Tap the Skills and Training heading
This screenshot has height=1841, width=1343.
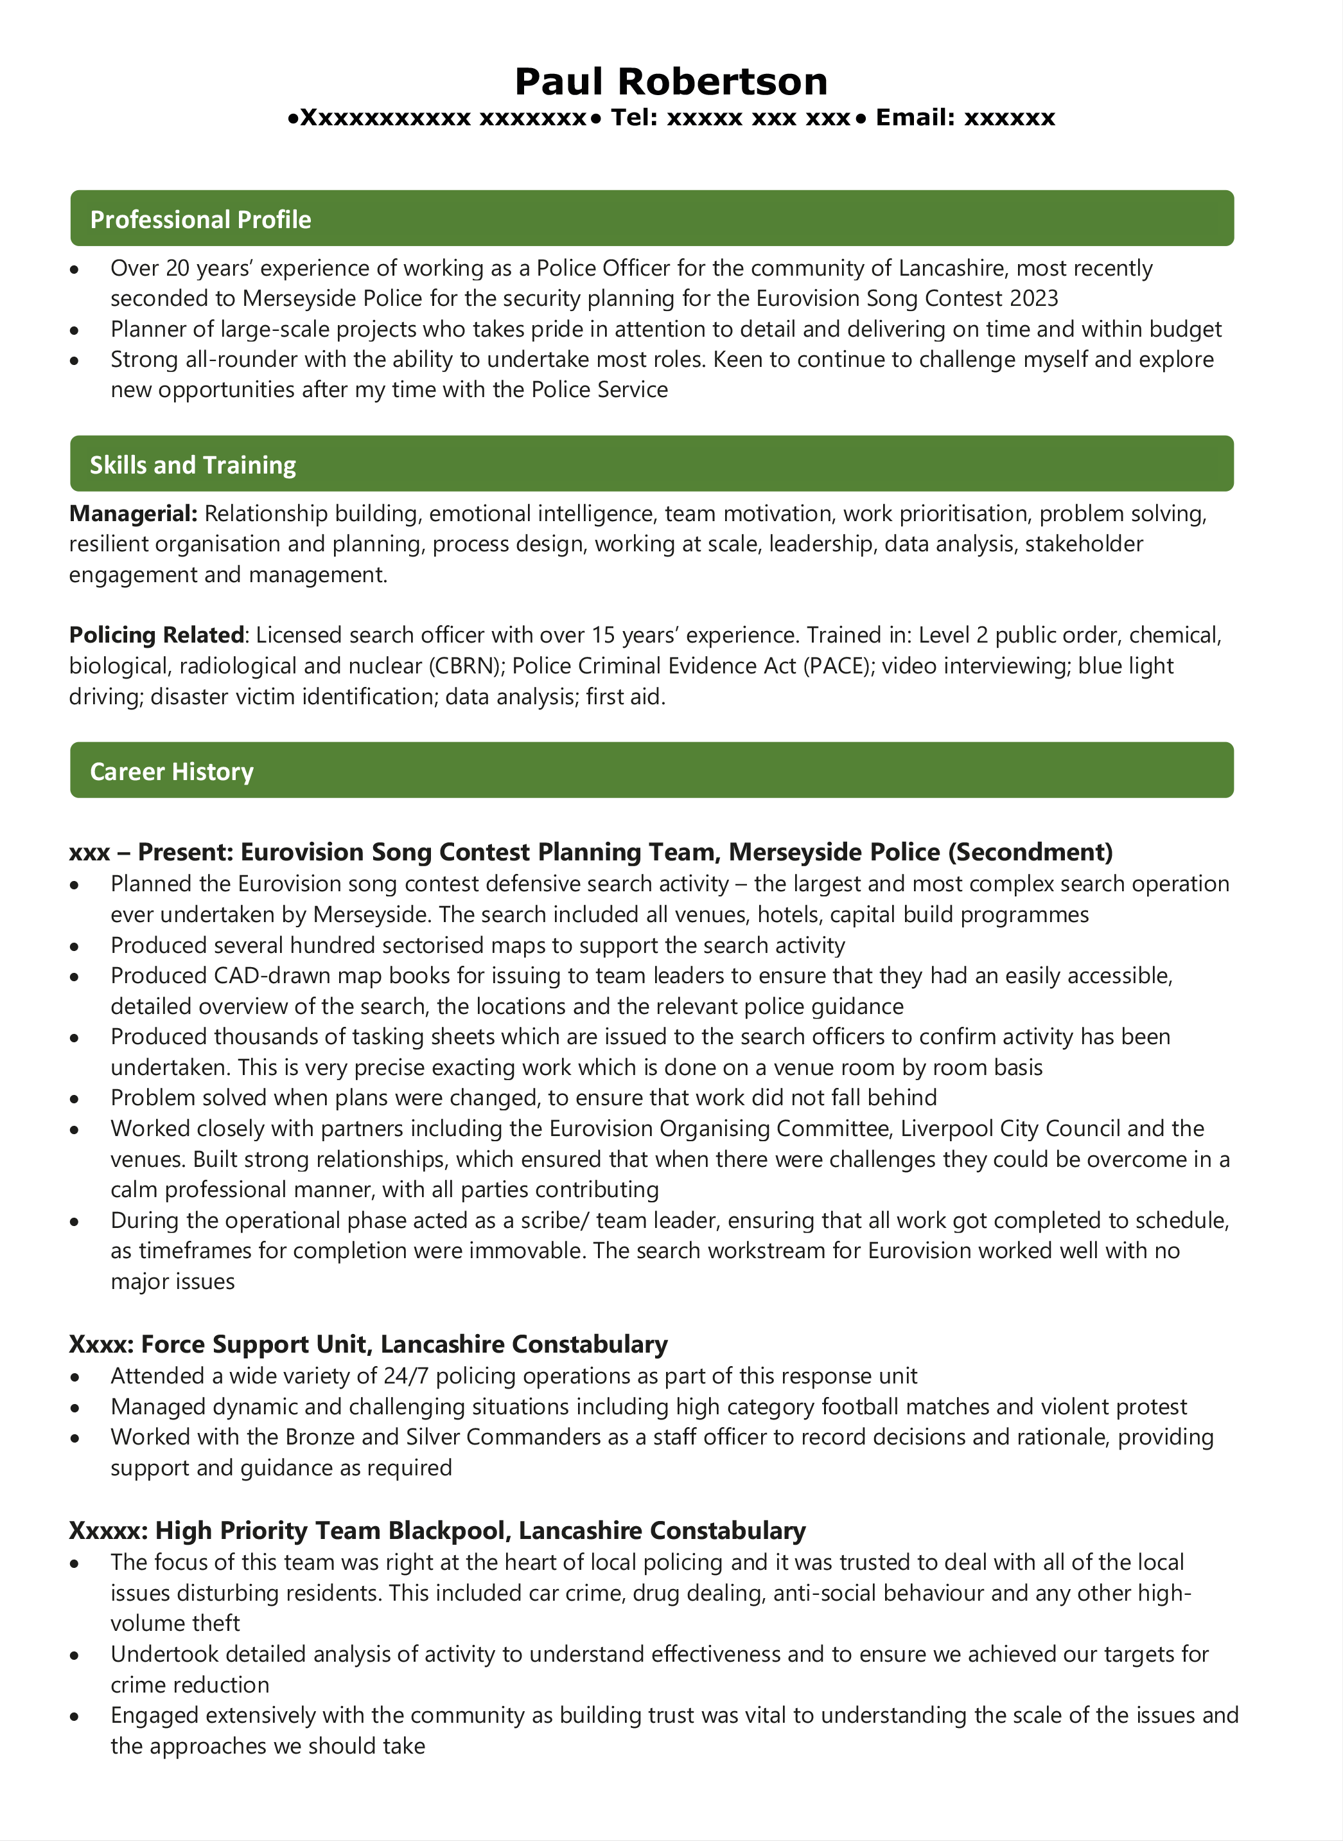pyautogui.click(x=193, y=465)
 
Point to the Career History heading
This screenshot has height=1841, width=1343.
pyautogui.click(x=171, y=772)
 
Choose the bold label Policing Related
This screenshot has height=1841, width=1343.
pyautogui.click(x=156, y=635)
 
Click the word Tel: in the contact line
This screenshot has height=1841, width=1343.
pyautogui.click(x=634, y=118)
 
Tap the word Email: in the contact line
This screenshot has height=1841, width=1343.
pyautogui.click(x=915, y=118)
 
